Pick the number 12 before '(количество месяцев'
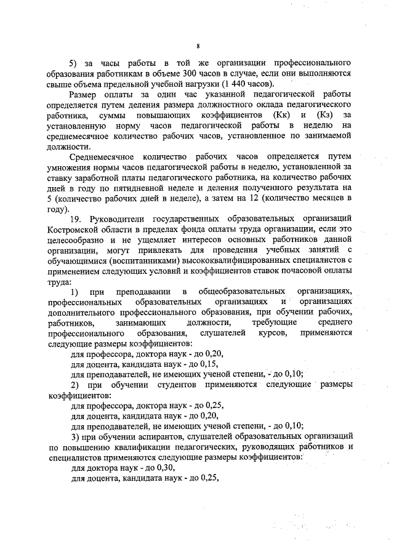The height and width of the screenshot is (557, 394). pos(266,197)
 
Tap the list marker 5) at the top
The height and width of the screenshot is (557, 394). pos(74,63)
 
